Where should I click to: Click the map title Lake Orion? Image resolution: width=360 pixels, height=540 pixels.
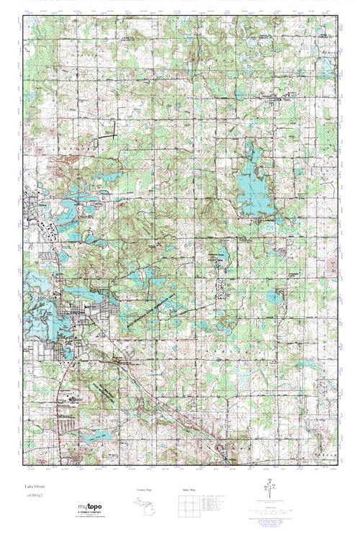click(34, 487)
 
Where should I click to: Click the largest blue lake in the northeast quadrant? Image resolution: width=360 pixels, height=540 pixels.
click(251, 180)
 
